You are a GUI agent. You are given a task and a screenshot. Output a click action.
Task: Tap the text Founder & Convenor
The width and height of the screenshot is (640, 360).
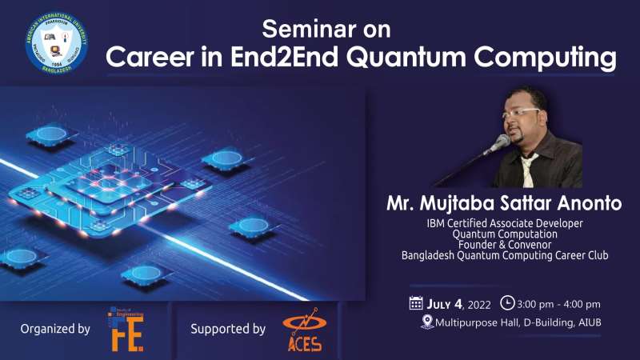pos(505,245)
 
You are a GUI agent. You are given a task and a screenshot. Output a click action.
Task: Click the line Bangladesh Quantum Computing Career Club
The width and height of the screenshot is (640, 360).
pos(505,256)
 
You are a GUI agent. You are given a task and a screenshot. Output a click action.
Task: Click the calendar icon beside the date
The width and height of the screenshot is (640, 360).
pos(415,303)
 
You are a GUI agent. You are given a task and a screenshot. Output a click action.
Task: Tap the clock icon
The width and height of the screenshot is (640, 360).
pos(506,303)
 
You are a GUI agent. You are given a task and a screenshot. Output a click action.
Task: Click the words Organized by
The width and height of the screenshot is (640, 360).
pos(55,328)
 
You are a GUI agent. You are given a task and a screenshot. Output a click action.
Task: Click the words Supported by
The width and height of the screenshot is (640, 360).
pos(228,328)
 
